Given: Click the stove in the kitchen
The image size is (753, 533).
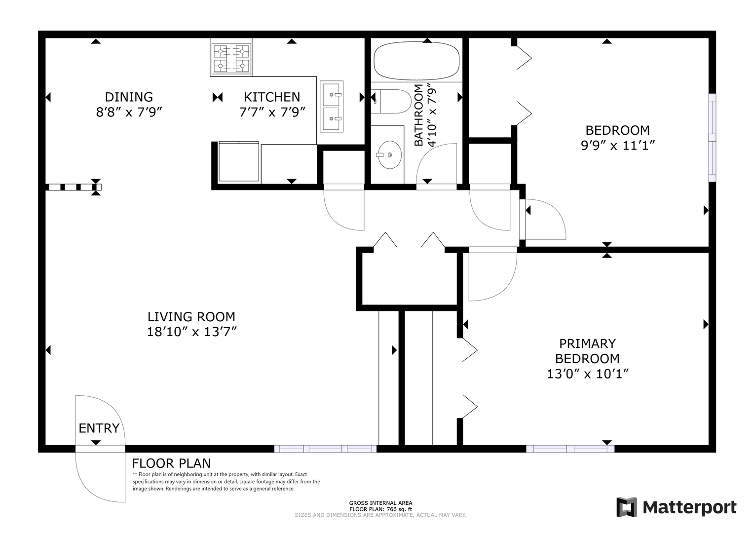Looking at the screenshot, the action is (x=231, y=57).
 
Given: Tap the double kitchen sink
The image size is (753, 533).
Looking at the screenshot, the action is (x=332, y=106).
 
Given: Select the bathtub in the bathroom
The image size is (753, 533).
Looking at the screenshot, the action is (x=416, y=61).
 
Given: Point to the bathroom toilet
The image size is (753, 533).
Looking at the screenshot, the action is (x=391, y=101).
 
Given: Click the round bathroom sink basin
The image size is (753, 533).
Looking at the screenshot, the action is (x=390, y=154).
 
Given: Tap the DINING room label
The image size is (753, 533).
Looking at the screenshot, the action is (x=129, y=97).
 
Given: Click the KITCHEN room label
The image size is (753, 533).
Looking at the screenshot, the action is (x=272, y=97).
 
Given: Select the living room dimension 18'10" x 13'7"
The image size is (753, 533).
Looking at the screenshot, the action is (x=192, y=332).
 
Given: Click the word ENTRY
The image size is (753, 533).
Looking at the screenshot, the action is (x=99, y=428).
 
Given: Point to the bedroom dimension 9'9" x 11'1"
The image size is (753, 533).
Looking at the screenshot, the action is (x=618, y=145).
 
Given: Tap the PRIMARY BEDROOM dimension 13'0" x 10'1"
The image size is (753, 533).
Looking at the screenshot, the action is (x=588, y=374).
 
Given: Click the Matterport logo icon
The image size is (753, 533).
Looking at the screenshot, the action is (x=627, y=507).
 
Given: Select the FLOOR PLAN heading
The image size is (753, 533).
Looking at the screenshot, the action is (x=171, y=463).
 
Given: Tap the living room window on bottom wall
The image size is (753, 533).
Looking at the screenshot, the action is (x=325, y=449).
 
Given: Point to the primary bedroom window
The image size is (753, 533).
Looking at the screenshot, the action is (x=570, y=449).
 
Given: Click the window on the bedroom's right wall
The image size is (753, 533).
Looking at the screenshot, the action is (x=713, y=138).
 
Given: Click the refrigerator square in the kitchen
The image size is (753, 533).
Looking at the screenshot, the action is (x=239, y=162).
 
